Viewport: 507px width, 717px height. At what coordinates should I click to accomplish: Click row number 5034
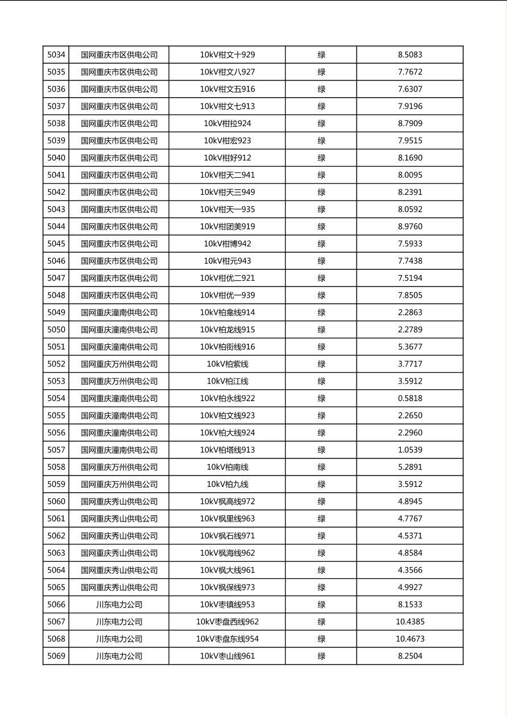tap(56, 55)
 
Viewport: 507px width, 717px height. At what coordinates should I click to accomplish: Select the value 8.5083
tap(410, 55)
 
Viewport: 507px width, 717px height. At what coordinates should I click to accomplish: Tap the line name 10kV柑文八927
tap(227, 72)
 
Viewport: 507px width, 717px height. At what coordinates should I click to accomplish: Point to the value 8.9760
tap(410, 227)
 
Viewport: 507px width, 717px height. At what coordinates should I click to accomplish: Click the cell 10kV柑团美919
tap(227, 227)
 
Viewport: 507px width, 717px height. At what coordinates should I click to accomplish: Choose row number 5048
tap(56, 295)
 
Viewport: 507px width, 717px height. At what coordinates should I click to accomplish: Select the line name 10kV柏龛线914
tap(227, 312)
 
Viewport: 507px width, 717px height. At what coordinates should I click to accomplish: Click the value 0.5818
tap(410, 398)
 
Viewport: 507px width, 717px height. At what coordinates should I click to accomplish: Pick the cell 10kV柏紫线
tap(227, 364)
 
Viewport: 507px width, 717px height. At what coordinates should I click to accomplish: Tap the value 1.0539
tap(410, 450)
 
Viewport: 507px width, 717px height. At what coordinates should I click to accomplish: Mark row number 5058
tap(56, 467)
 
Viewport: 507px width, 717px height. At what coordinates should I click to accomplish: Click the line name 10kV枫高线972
tap(227, 502)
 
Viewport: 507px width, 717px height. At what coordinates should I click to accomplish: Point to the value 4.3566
tap(410, 570)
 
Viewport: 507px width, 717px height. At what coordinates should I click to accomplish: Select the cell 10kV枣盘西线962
tap(227, 622)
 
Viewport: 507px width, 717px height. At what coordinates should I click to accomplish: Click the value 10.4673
tap(410, 639)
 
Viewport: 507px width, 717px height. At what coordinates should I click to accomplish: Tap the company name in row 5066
tap(119, 605)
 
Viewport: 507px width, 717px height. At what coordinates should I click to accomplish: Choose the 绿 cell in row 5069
tap(321, 656)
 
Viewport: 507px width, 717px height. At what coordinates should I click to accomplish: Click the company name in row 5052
tap(119, 364)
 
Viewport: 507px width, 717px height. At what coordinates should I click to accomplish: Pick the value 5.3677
tap(410, 347)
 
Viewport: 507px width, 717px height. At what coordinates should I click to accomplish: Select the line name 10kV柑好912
tap(227, 158)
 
